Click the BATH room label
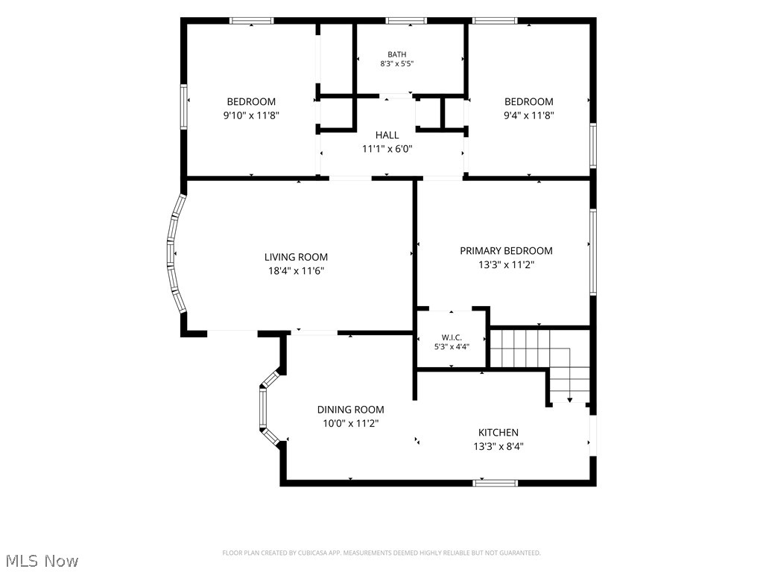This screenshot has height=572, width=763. click(x=396, y=54)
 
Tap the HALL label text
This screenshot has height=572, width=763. click(x=387, y=136)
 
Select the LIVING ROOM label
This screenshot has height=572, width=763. click(x=296, y=257)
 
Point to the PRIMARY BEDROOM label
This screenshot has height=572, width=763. click(x=506, y=251)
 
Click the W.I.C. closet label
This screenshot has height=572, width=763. click(x=452, y=337)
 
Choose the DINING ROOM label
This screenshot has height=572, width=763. click(x=350, y=410)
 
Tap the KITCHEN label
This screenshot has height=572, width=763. click(x=498, y=433)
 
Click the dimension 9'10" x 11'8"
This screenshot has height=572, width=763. click(x=251, y=115)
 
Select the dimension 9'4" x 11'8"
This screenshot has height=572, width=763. click(x=529, y=115)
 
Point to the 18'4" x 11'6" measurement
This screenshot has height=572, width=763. click(x=296, y=271)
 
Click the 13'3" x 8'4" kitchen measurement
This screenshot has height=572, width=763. click(x=498, y=447)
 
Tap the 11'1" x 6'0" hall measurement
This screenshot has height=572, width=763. click(x=387, y=149)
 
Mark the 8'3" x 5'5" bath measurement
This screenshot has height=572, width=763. click(x=396, y=64)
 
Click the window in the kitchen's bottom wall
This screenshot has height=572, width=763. click(x=495, y=483)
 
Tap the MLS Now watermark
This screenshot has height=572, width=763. click(x=42, y=561)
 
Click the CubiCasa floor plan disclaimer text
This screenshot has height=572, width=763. click(x=381, y=553)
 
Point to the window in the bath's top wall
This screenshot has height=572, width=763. click(x=406, y=21)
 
